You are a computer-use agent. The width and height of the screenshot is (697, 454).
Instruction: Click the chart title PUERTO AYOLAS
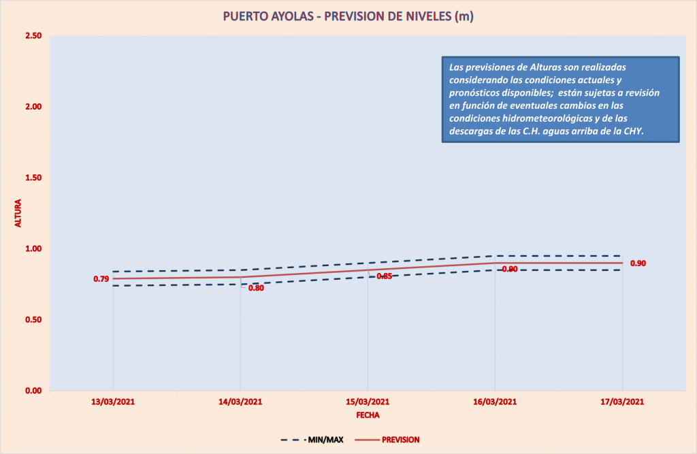pos(348,16)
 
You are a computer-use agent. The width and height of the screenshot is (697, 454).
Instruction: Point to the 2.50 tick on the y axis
pos(33,36)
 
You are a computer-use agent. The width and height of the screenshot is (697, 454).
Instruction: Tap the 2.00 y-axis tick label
pos(33,107)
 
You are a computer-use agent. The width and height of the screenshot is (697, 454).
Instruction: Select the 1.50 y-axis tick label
pos(33,178)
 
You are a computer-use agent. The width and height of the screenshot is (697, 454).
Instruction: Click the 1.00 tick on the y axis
pos(33,249)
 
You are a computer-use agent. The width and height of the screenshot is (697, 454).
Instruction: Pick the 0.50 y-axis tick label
pos(33,320)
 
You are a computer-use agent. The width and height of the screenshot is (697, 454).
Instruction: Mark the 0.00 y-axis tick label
pos(33,391)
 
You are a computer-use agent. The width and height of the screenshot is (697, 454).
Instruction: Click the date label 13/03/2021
pos(113,402)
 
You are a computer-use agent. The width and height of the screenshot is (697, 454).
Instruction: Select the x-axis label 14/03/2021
pos(240,402)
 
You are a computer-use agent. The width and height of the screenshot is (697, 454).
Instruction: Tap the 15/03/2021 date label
pos(368,402)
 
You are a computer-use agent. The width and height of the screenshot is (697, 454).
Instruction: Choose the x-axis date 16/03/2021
pos(495,402)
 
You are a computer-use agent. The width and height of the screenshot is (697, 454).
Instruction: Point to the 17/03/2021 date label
pos(622,402)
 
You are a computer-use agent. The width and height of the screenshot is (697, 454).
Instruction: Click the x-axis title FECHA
pos(368,415)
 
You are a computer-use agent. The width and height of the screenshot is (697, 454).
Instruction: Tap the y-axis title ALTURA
pos(18,214)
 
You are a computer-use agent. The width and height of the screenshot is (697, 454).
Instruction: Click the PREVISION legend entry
pos(400,440)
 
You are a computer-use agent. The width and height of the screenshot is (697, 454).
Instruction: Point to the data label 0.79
pos(101,279)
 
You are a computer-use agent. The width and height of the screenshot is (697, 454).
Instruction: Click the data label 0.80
pos(256,288)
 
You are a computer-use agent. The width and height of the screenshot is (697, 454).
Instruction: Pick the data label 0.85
pos(384,276)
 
